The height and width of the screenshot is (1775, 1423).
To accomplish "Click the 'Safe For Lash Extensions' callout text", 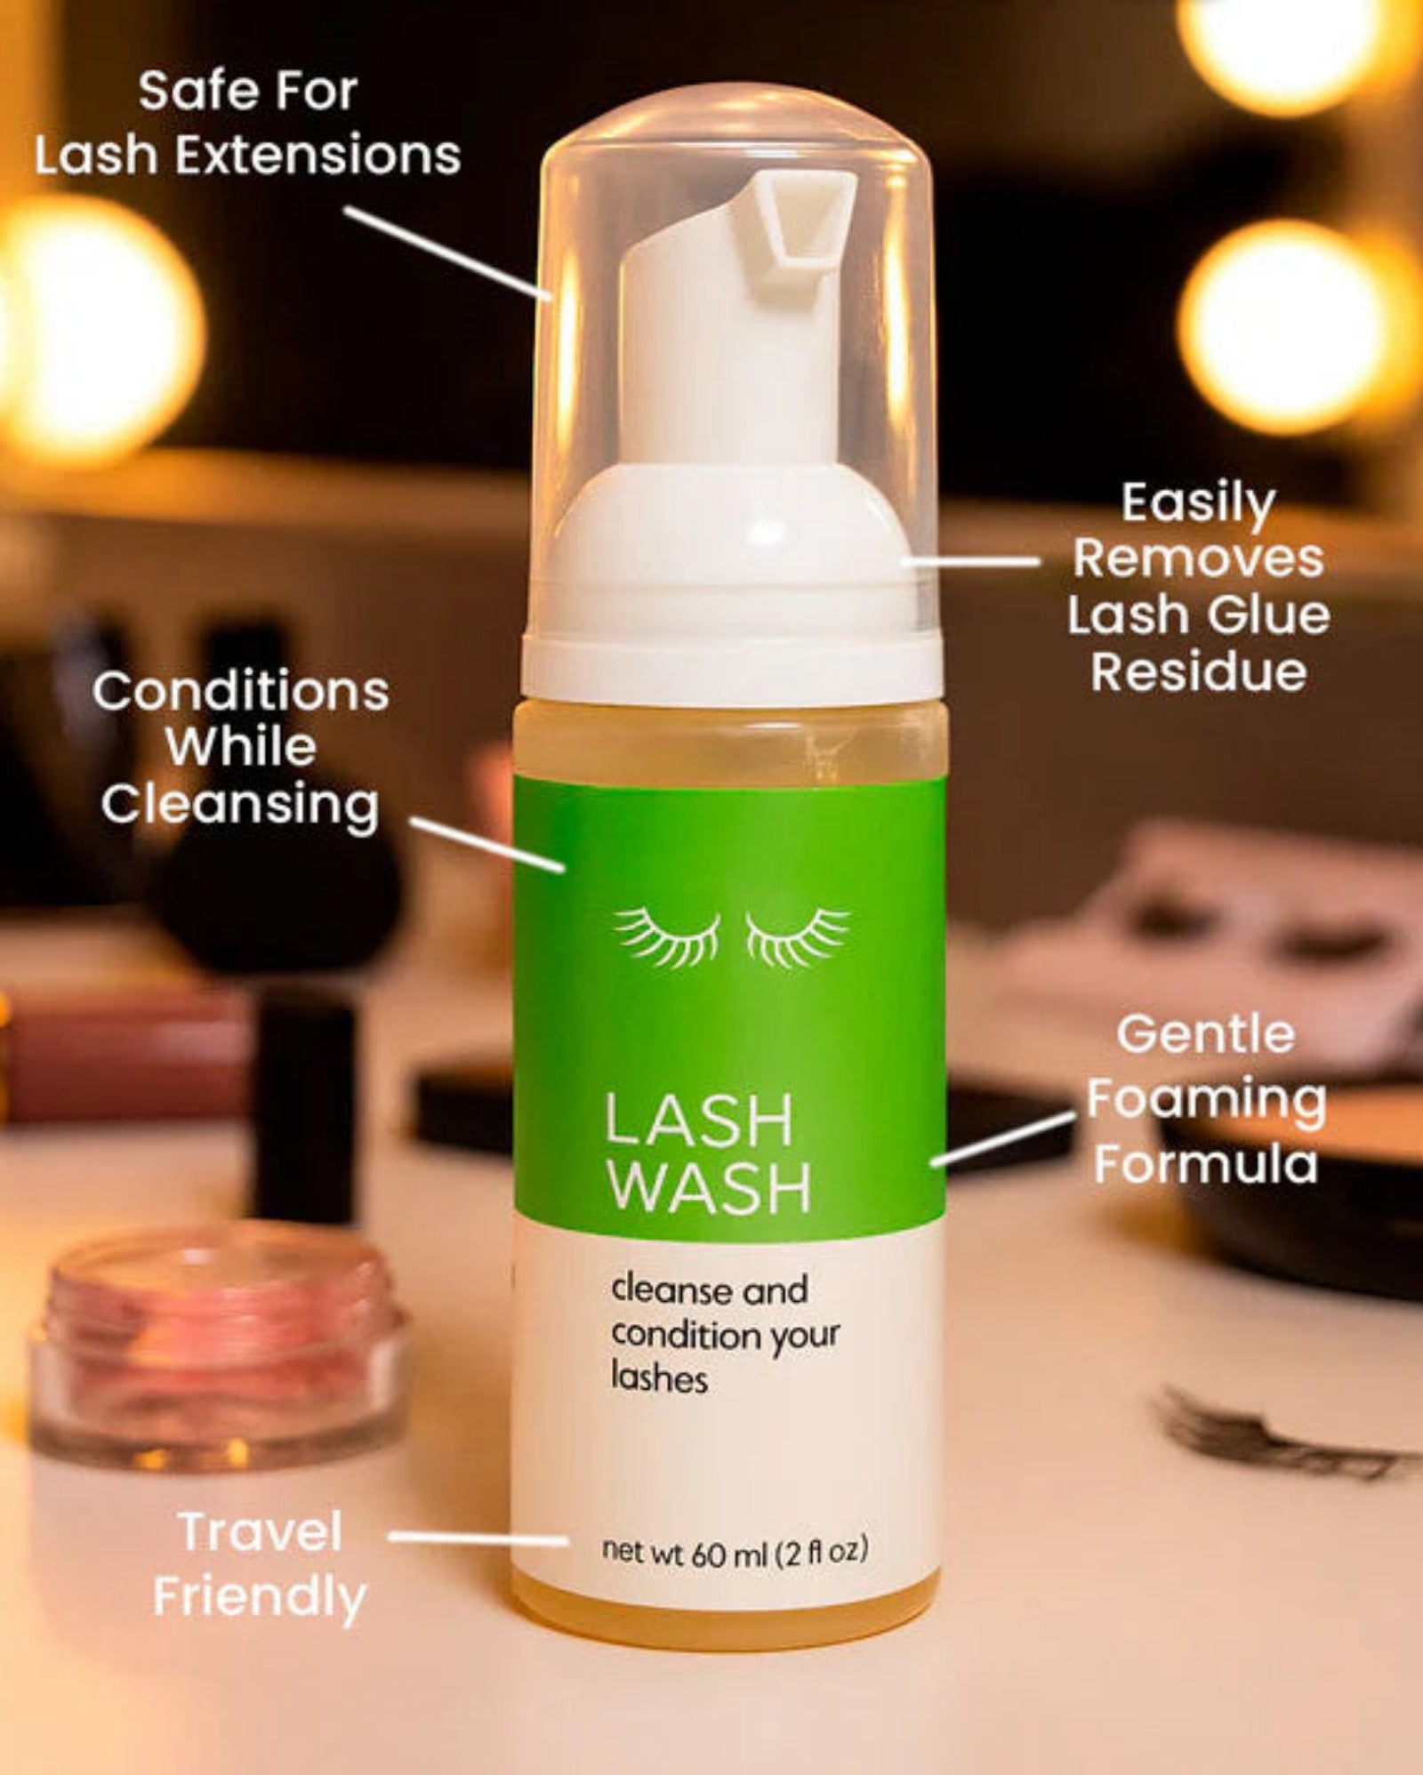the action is click(x=247, y=123).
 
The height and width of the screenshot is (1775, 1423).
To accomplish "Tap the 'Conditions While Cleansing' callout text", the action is click(x=240, y=748).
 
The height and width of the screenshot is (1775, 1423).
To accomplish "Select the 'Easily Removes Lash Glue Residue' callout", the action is click(x=1199, y=587).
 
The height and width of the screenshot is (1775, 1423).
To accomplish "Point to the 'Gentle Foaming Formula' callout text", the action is click(x=1206, y=1099).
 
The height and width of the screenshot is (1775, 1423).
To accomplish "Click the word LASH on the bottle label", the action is click(x=698, y=1120).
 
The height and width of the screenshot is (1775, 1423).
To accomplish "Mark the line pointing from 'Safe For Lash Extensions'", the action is click(x=449, y=254).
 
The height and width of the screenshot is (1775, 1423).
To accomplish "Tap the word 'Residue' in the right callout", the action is click(x=1199, y=672).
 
